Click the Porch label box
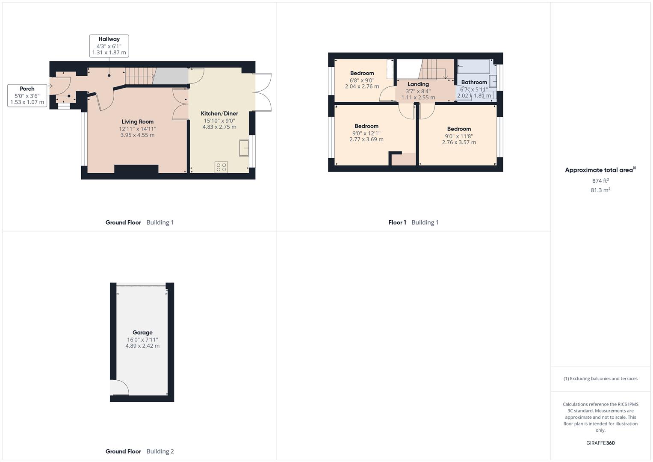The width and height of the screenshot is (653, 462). click(x=27, y=95)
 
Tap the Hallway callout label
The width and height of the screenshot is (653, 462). click(x=109, y=46)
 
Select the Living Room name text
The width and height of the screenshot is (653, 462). click(x=137, y=122)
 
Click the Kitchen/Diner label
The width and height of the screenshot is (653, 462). click(x=219, y=114)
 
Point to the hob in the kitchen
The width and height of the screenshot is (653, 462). click(x=222, y=167)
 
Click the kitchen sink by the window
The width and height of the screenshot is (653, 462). click(x=245, y=148)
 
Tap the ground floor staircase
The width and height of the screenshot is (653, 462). click(x=139, y=76)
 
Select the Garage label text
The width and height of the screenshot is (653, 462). click(x=142, y=332)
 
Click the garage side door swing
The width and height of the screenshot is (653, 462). click(x=119, y=387)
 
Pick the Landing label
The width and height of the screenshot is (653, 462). click(x=418, y=84)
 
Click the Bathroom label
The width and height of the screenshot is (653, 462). click(x=474, y=82)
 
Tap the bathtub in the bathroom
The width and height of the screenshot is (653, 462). click(x=473, y=66)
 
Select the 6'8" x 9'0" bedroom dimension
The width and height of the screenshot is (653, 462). click(x=362, y=80)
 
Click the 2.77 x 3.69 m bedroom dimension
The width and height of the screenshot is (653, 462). click(x=366, y=139)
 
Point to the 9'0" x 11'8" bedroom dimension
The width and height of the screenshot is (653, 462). click(x=459, y=136)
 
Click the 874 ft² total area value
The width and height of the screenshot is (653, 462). click(x=600, y=181)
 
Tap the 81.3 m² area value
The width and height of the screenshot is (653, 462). click(x=600, y=190)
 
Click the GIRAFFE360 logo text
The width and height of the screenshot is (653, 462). click(x=600, y=443)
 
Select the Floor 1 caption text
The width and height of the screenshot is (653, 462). click(x=397, y=222)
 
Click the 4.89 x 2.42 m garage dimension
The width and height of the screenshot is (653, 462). click(x=142, y=346)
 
